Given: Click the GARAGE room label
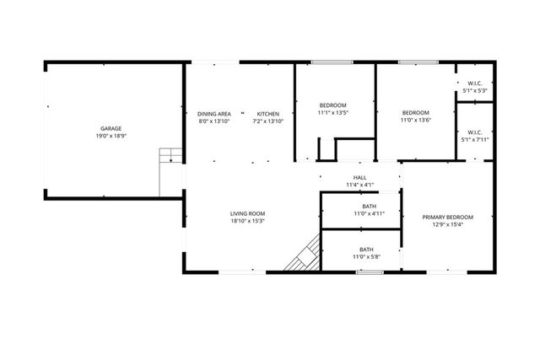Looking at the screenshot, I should pyautogui.click(x=111, y=128).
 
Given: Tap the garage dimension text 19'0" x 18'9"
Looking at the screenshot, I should pyautogui.click(x=111, y=136).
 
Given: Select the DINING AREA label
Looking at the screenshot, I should pyautogui.click(x=214, y=114).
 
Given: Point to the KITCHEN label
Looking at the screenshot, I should pyautogui.click(x=268, y=114).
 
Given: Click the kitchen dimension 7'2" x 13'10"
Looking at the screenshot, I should pyautogui.click(x=268, y=121).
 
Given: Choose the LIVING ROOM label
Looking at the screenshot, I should pyautogui.click(x=248, y=214).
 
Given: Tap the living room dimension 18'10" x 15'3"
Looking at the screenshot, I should pyautogui.click(x=248, y=222).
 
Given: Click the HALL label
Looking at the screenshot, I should pyautogui.click(x=359, y=177).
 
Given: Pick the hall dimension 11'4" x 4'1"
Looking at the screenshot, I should pyautogui.click(x=359, y=185).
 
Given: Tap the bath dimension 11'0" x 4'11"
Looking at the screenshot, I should pyautogui.click(x=369, y=214).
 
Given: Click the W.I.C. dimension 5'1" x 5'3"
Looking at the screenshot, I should pyautogui.click(x=474, y=90).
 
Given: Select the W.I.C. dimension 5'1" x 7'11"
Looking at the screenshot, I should pyautogui.click(x=474, y=139).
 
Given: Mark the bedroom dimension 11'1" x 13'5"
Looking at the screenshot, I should pyautogui.click(x=332, y=113).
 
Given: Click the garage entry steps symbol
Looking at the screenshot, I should pyautogui.click(x=170, y=156).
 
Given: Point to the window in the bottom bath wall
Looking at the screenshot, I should pyautogui.click(x=369, y=272).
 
